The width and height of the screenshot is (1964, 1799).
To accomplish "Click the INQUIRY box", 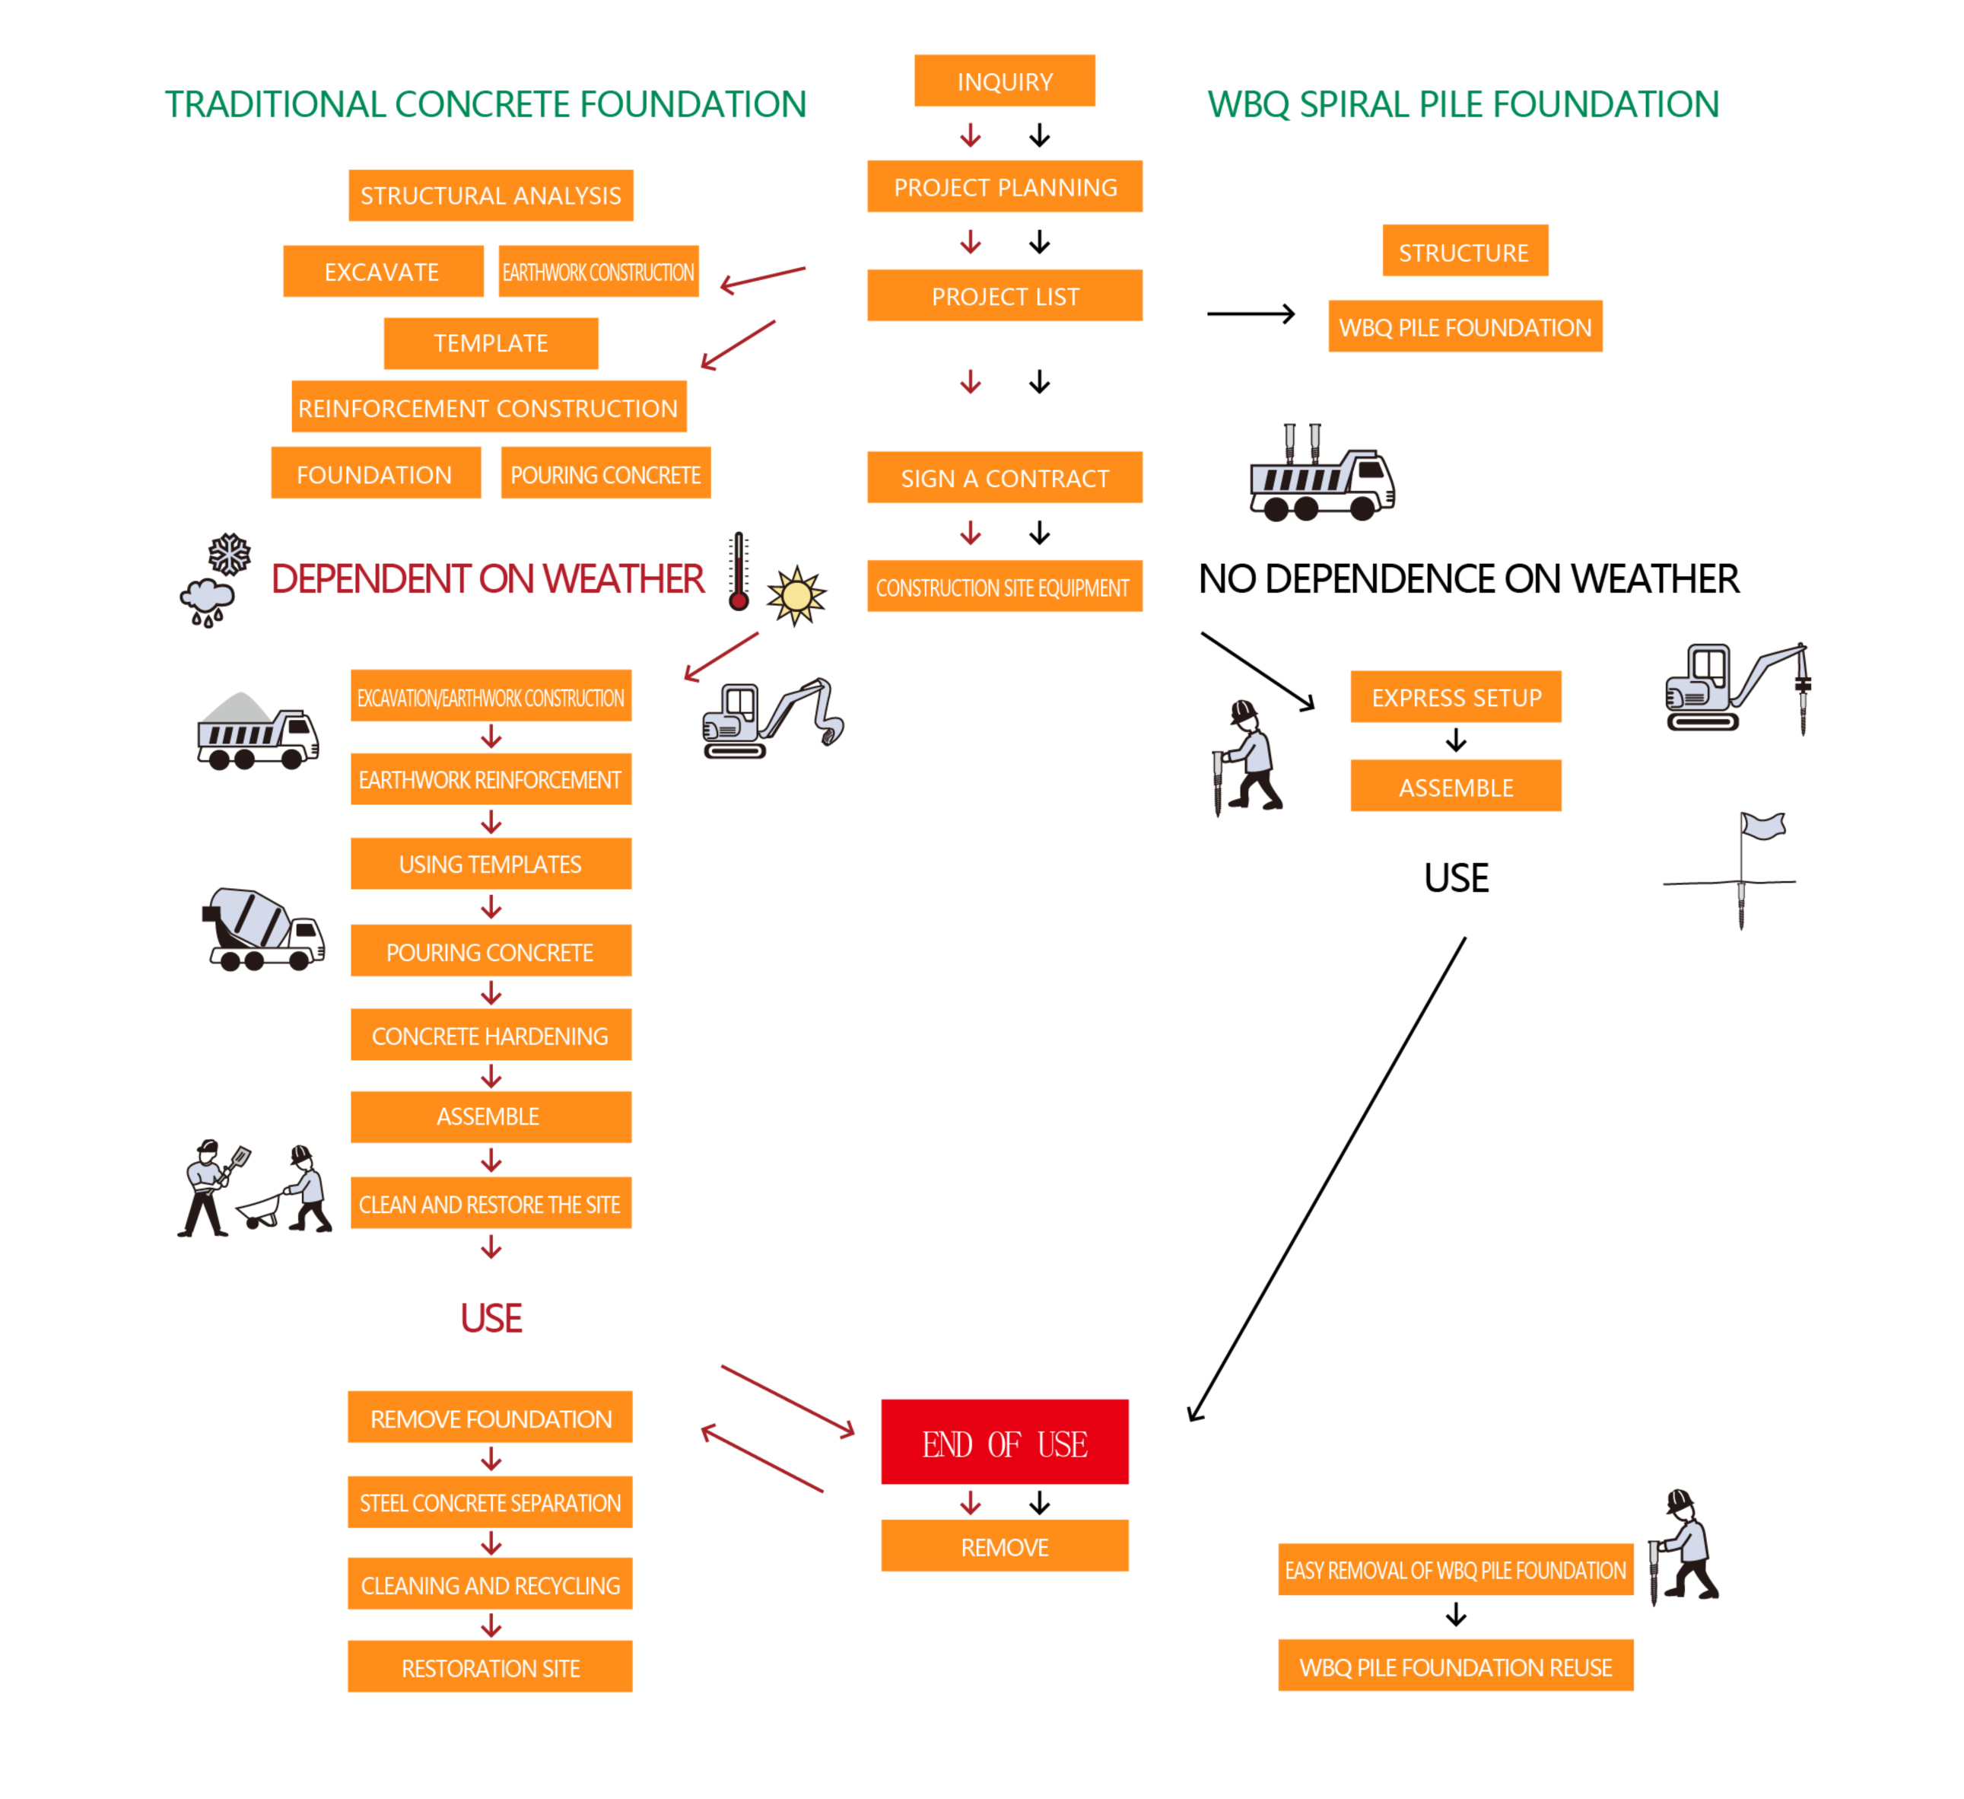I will click(1004, 81).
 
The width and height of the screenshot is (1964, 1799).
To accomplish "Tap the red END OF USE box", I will click(1004, 1442).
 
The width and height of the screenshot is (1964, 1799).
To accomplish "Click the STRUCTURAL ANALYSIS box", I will click(491, 195).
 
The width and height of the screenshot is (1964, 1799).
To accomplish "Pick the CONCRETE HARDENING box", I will click(491, 1035).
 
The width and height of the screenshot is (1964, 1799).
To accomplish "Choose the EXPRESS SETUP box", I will click(1455, 697).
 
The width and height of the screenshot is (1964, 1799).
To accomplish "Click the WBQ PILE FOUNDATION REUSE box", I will click(1455, 1667).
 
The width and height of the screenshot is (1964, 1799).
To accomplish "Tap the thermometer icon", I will click(739, 572).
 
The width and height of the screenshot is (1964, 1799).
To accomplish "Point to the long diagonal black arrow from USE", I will click(1327, 1180).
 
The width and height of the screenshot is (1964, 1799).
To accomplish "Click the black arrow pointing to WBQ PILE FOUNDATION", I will click(1251, 314).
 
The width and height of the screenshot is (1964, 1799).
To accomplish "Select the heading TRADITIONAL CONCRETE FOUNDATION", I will click(485, 104).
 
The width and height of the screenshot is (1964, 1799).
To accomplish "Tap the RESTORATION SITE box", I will click(490, 1668).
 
